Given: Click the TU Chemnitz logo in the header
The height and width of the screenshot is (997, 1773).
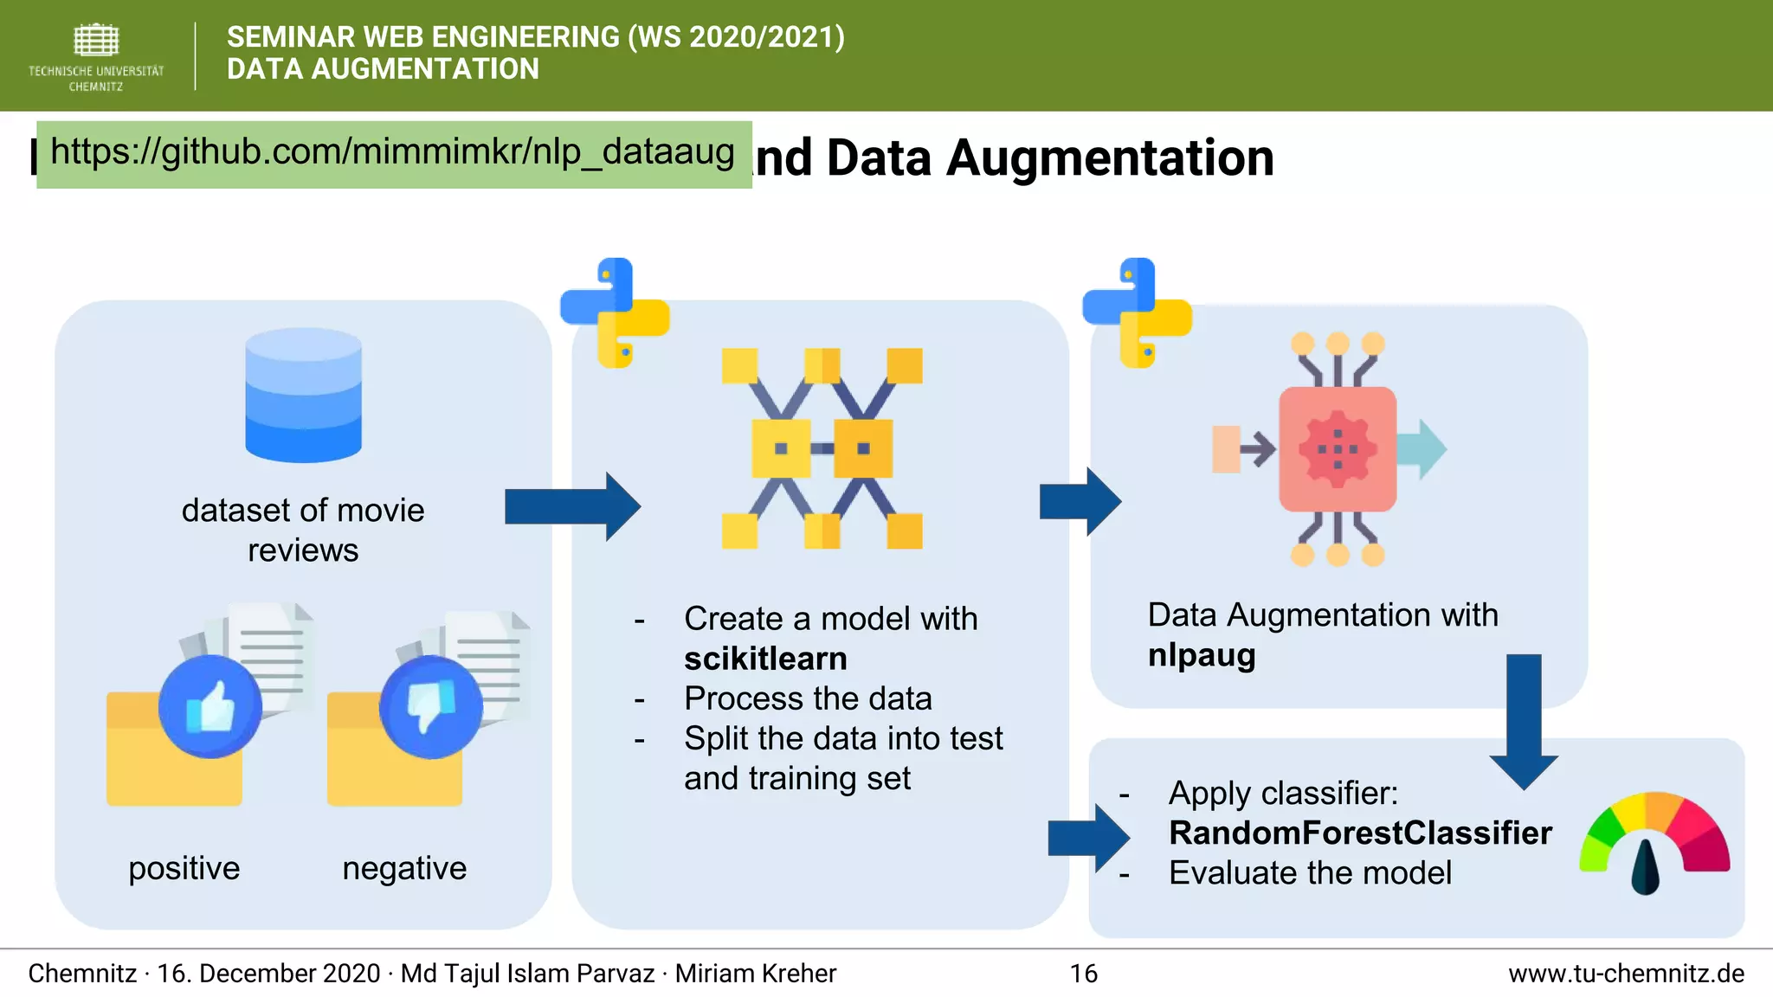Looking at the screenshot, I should point(95,56).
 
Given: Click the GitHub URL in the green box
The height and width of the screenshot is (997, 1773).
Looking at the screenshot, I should point(392,153).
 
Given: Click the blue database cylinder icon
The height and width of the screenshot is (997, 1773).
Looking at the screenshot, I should point(303,395).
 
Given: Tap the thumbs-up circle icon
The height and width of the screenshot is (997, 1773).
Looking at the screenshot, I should point(210,707).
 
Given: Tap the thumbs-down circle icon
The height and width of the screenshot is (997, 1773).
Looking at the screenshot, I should point(430,707).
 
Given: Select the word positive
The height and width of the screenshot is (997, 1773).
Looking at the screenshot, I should point(184,868).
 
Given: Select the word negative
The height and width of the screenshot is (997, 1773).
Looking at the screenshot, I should point(404,868).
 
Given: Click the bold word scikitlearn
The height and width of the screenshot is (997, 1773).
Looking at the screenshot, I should point(765,659).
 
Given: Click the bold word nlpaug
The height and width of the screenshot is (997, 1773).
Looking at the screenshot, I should point(1201,655).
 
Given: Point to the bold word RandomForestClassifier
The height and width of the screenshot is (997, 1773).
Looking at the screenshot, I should point(1359,833).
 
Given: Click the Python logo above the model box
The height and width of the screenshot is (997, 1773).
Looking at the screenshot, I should point(615,312).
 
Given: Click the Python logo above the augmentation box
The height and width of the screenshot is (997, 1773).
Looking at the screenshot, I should point(1137,312).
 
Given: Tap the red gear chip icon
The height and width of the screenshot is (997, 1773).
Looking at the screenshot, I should point(1338,449).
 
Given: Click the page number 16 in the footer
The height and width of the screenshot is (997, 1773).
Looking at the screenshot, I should point(1083,974).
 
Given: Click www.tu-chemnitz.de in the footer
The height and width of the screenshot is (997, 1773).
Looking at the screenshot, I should point(1626,974).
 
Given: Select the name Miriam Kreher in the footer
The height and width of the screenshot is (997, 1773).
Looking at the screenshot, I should point(755,974).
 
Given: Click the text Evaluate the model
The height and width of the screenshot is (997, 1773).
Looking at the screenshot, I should point(1309,872).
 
